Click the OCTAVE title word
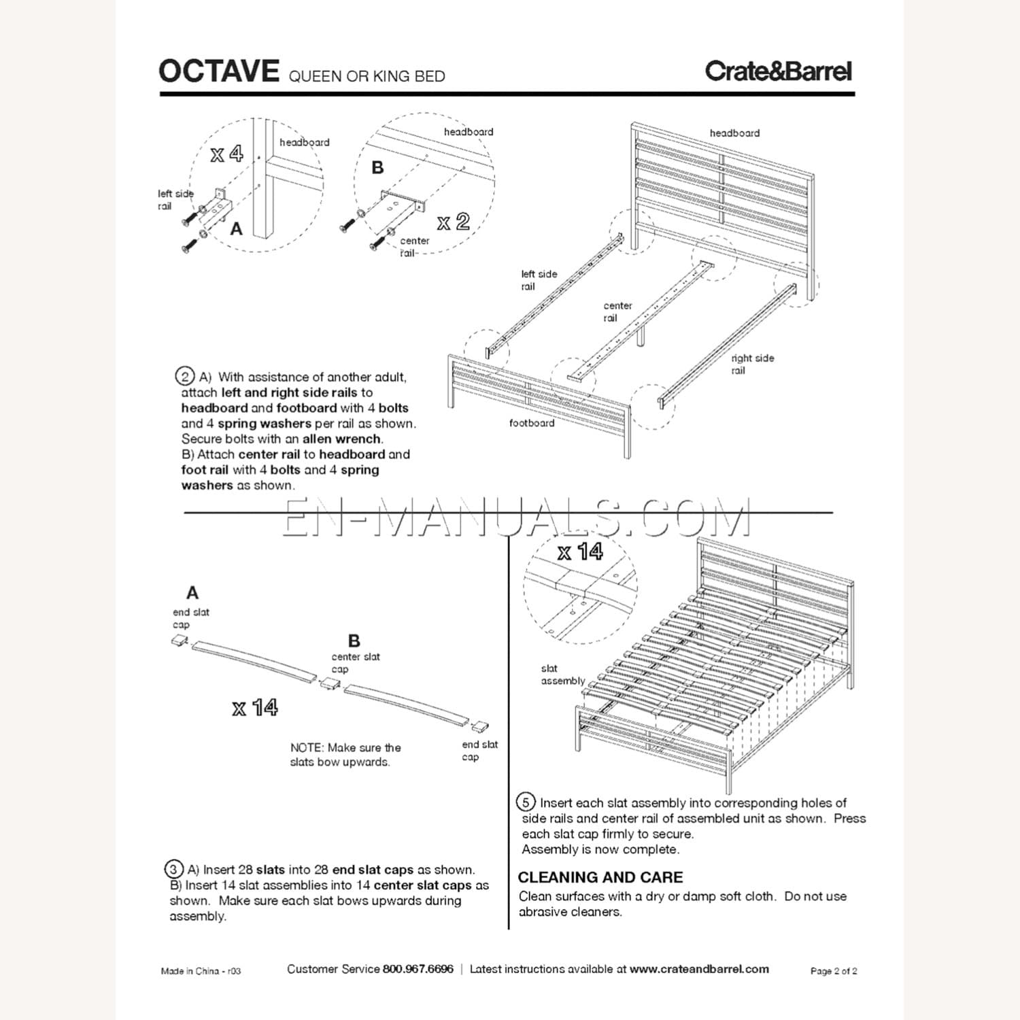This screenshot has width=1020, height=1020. (218, 71)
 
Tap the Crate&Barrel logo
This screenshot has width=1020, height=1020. (778, 71)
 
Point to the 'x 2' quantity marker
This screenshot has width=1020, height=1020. (453, 222)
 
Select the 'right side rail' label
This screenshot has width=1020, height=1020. (752, 364)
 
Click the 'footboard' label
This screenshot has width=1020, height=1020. (532, 423)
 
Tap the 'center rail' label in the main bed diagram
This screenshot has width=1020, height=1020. (617, 311)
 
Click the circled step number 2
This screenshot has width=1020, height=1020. (184, 376)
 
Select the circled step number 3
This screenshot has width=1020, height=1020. (173, 869)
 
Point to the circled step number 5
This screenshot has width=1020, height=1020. (525, 802)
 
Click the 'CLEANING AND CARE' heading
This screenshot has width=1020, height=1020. (600, 877)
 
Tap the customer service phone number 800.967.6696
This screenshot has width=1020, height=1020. (418, 969)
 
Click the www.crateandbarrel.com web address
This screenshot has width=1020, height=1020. (699, 969)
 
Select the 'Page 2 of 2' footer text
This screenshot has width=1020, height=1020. (833, 971)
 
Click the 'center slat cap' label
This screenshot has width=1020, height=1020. (355, 662)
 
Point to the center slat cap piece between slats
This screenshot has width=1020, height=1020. (330, 683)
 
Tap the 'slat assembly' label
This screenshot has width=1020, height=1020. (562, 675)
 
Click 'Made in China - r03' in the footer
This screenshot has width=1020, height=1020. (201, 971)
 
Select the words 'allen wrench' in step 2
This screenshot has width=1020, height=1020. (342, 439)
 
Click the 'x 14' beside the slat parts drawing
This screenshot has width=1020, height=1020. (254, 708)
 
